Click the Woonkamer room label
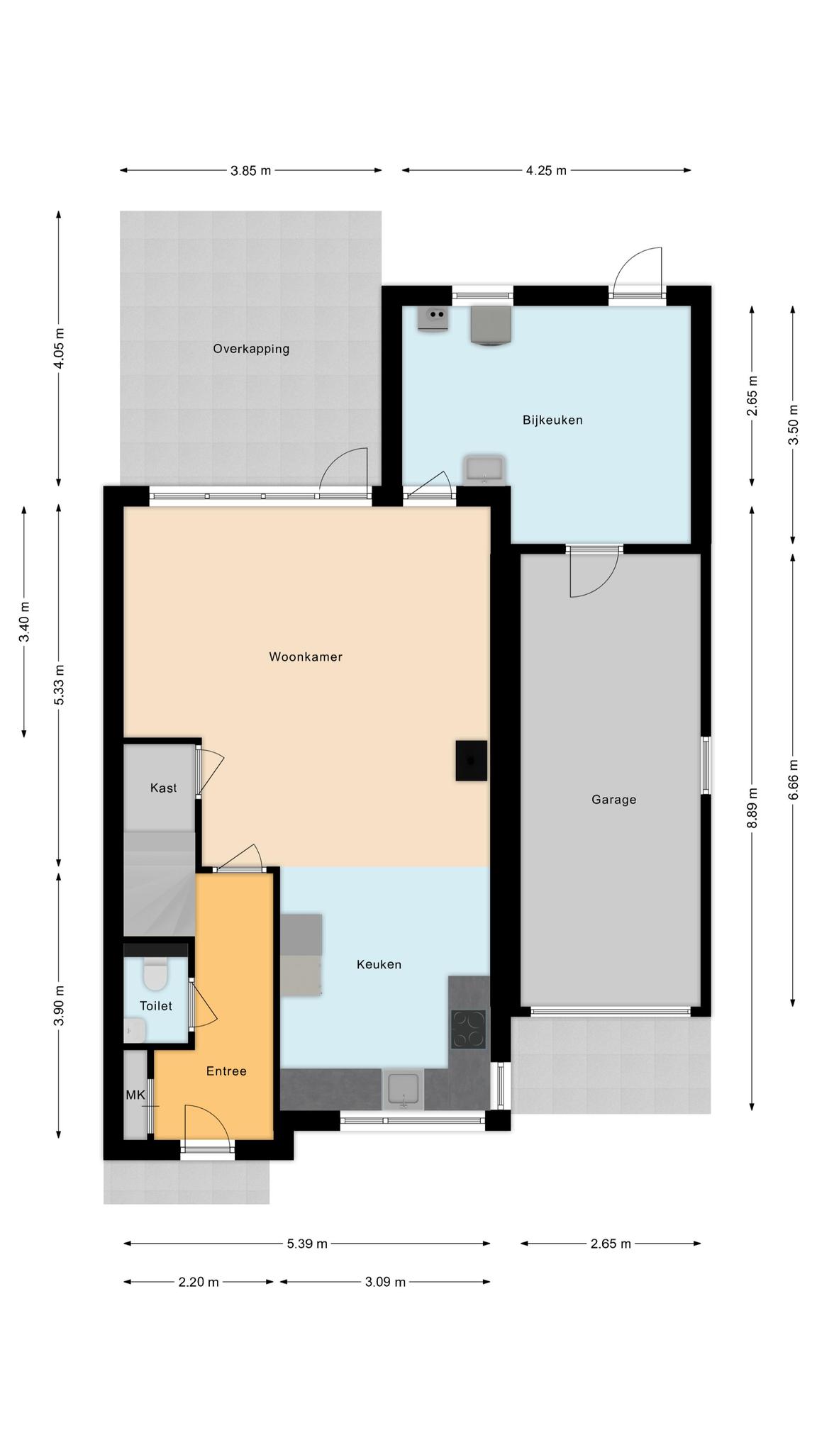[x=306, y=657]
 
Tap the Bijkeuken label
[x=552, y=420]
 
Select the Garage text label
[x=614, y=800]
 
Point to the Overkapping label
[x=251, y=349]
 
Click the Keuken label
[x=379, y=964]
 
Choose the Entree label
[x=226, y=1071]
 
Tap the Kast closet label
[x=163, y=788]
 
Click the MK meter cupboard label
[x=135, y=1095]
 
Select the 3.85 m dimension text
[x=251, y=170]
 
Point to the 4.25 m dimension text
[x=546, y=170]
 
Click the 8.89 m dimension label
[x=752, y=808]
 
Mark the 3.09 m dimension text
[x=385, y=1282]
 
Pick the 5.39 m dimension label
[x=307, y=1244]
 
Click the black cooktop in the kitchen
[x=469, y=1029]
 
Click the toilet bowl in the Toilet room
[x=155, y=974]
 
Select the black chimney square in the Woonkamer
[x=471, y=761]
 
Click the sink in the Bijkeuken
[x=484, y=470]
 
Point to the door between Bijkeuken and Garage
[x=594, y=571]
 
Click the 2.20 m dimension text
[x=199, y=1282]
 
